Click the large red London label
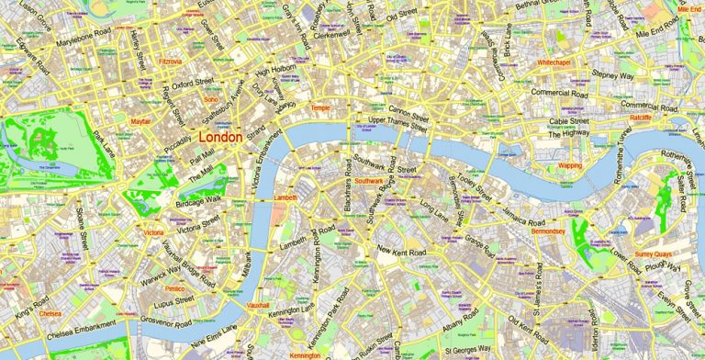pos(220,138)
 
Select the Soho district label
pos(210,99)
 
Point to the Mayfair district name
pos(140,121)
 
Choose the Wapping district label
pos(570,166)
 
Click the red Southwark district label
pos(369,181)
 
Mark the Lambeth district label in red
pos(285,197)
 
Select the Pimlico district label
pos(174,288)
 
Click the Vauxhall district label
pos(258,304)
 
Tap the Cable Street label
pos(568,121)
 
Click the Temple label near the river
pos(320,107)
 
